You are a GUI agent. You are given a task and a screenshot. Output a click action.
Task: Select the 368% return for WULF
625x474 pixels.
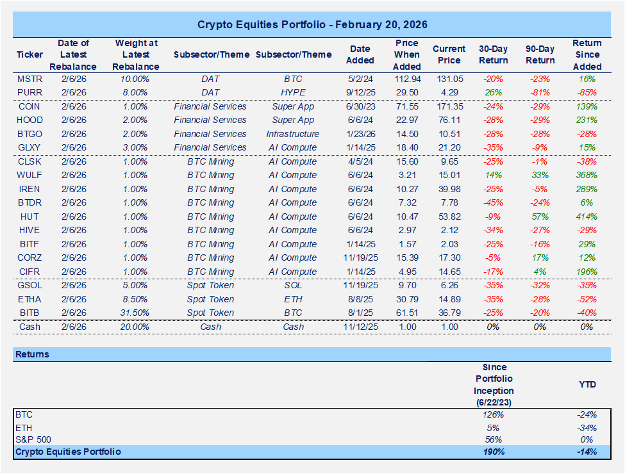click(587, 175)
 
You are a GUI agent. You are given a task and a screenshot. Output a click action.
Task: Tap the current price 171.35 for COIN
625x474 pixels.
click(449, 106)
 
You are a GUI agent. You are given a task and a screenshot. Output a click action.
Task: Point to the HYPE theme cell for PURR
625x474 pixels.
click(293, 92)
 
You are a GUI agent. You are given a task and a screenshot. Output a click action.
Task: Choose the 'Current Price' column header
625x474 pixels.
click(449, 54)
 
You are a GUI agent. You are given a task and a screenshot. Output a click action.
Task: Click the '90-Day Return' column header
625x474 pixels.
click(540, 54)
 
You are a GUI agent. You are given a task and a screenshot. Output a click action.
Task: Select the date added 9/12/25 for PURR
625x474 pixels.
click(360, 92)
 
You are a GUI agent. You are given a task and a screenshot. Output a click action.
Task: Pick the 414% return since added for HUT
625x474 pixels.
click(587, 217)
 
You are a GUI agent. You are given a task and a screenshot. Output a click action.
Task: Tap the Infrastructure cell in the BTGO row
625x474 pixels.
click(293, 134)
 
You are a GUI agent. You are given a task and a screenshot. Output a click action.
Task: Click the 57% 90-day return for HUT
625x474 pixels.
click(540, 217)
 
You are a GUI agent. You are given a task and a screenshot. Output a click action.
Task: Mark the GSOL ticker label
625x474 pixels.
click(29, 285)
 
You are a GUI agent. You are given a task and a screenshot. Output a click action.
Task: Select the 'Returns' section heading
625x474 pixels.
click(33, 354)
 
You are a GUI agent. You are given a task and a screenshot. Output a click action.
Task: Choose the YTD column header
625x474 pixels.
click(587, 384)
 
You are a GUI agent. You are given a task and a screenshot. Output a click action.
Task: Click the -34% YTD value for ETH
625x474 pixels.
click(587, 427)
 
